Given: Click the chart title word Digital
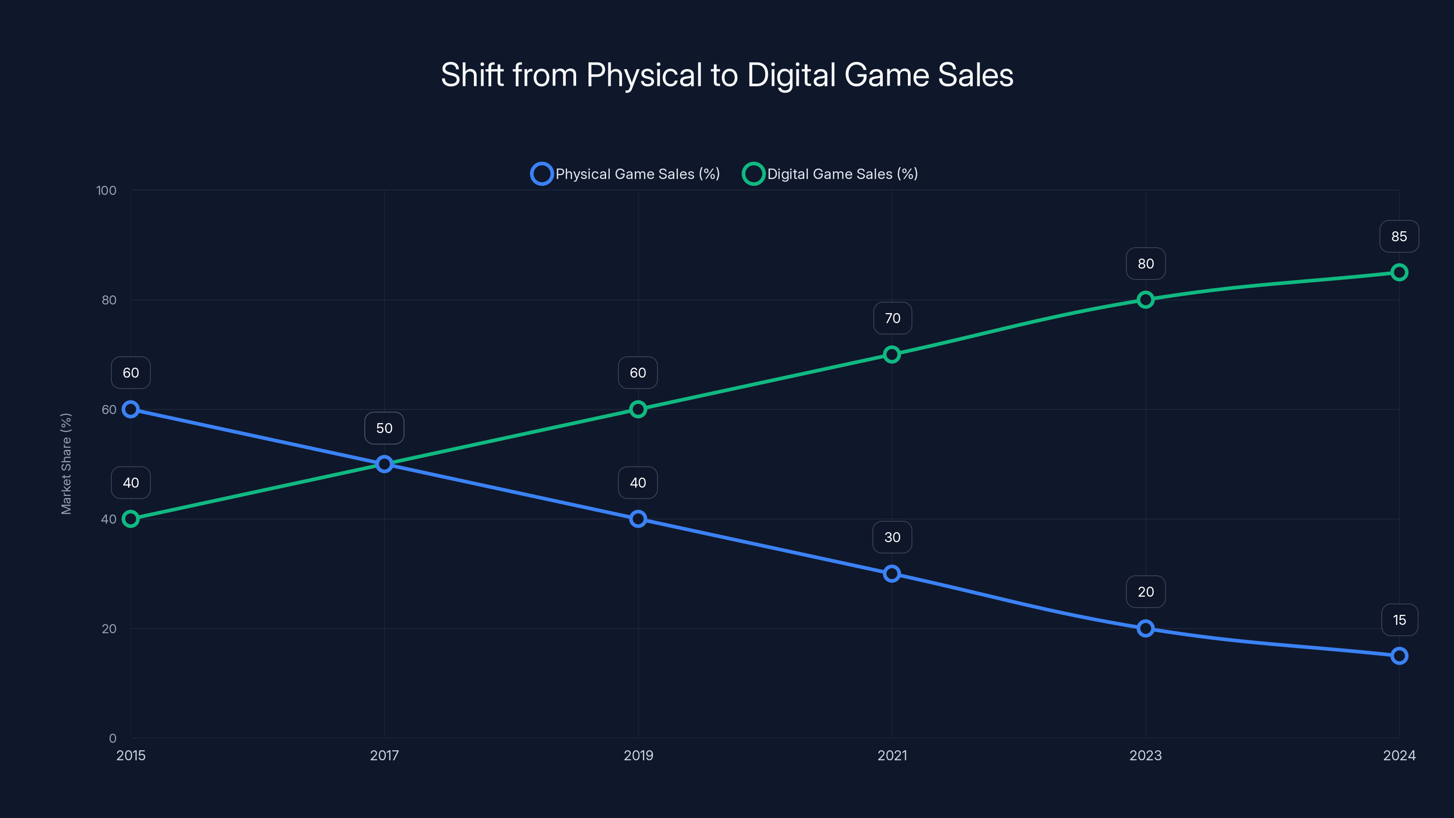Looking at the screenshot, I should point(791,75).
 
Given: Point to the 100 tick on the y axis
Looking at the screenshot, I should point(106,191).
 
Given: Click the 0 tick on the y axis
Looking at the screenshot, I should point(112,738).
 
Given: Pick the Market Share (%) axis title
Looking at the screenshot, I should point(66,464).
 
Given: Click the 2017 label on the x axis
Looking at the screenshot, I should point(384,755).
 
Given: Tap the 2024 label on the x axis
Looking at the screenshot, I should point(1399,755).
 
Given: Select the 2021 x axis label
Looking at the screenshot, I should point(892,755).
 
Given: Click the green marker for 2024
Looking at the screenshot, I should point(1399,273).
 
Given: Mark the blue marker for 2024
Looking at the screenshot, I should point(1399,655).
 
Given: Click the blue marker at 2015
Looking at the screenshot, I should point(131,409).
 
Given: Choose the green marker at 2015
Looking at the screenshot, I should point(131,519).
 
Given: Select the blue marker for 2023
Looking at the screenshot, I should point(1145,628).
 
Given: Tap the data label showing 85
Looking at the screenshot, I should point(1399,236).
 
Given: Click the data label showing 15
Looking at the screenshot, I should point(1399,620).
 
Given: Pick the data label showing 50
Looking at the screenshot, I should point(384,428).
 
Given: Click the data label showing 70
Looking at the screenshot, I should point(892,319).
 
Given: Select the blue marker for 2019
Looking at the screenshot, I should point(638,519).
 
